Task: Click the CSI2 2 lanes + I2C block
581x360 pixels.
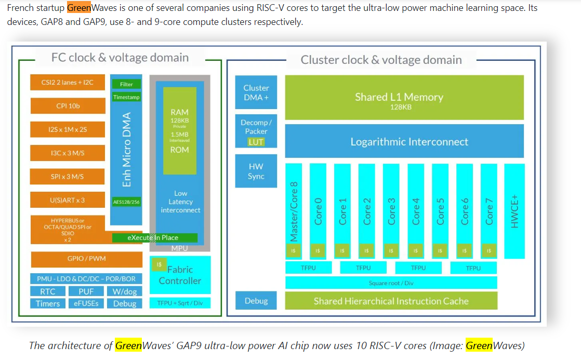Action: pyautogui.click(x=68, y=82)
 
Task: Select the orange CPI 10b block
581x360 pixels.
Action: pyautogui.click(x=68, y=106)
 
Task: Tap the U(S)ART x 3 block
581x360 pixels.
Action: pyautogui.click(x=68, y=200)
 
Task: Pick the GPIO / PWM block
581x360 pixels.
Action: pyautogui.click(x=86, y=259)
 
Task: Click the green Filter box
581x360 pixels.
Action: pyautogui.click(x=126, y=84)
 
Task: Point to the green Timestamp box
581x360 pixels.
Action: pyautogui.click(x=126, y=97)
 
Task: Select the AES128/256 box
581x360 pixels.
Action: pyautogui.click(x=126, y=202)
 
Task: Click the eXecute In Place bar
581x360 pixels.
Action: pyautogui.click(x=154, y=237)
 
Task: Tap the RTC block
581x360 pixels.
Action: pyautogui.click(x=47, y=291)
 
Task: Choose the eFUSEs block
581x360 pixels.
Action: pyautogui.click(x=86, y=303)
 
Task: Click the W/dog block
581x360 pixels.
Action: pyautogui.click(x=125, y=291)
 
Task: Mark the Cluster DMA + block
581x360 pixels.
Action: pyautogui.click(x=256, y=93)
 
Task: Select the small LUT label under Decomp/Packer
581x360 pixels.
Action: pyautogui.click(x=256, y=141)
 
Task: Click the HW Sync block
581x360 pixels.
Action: pyautogui.click(x=256, y=171)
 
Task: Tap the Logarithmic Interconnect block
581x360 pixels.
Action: pyautogui.click(x=408, y=142)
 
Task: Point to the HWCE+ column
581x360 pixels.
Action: pyautogui.click(x=514, y=210)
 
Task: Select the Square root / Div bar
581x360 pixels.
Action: pyautogui.click(x=391, y=283)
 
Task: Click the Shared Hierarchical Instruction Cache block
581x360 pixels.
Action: pyautogui.click(x=391, y=301)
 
